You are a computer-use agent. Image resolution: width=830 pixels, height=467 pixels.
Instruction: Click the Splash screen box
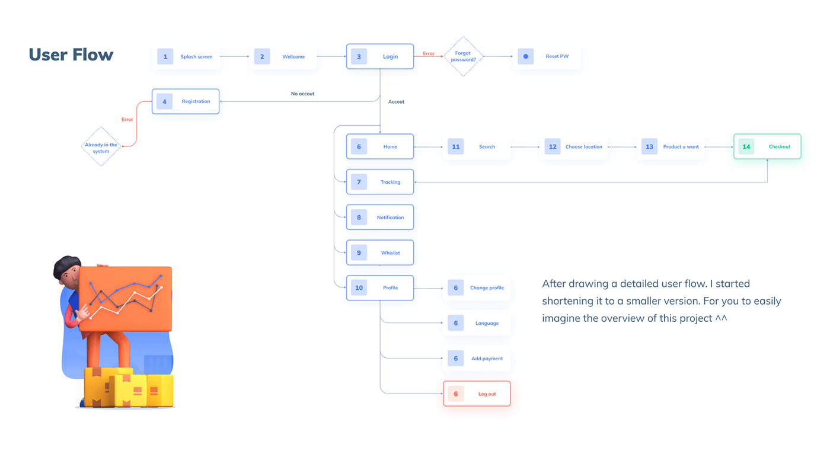click(186, 57)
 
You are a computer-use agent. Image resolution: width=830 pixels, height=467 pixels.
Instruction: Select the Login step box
click(380, 56)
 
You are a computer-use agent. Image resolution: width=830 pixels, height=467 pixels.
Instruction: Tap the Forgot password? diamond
click(463, 56)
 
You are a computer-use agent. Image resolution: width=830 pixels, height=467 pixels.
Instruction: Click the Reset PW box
click(547, 56)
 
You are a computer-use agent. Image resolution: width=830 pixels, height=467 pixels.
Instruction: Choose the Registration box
click(186, 101)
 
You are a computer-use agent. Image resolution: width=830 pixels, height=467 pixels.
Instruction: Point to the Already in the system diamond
click(101, 146)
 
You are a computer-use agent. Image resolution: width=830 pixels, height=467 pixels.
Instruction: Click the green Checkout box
click(767, 146)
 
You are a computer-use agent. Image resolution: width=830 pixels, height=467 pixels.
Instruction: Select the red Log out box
click(477, 394)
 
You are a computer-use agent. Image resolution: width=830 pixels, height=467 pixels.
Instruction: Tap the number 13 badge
click(649, 146)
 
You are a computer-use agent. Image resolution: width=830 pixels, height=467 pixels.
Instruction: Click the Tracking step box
click(380, 182)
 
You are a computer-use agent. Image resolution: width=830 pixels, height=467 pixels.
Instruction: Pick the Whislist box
click(380, 252)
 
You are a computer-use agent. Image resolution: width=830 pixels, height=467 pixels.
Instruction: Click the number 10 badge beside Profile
click(359, 288)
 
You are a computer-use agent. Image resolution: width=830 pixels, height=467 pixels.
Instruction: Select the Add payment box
click(477, 359)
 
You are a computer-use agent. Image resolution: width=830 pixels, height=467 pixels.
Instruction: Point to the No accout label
click(302, 94)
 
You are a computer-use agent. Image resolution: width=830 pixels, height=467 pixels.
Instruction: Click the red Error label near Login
click(428, 53)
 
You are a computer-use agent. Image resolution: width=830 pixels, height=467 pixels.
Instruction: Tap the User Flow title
click(71, 55)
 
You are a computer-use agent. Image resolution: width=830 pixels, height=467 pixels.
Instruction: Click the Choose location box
click(574, 146)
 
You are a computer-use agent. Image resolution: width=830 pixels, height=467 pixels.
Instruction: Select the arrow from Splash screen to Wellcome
click(235, 56)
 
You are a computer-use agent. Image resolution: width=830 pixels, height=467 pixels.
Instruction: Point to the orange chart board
click(125, 299)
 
